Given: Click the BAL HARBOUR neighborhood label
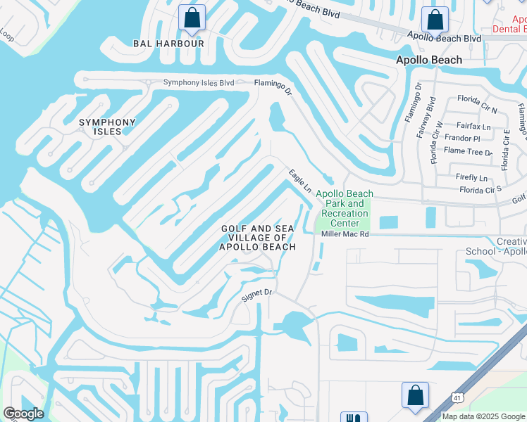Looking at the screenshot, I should point(168,44).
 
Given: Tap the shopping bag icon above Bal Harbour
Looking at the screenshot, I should point(192,18).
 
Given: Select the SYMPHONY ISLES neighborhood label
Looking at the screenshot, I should point(106,127).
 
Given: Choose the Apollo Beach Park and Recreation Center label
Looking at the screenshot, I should point(345,208).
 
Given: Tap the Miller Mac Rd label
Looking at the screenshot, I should point(345,235).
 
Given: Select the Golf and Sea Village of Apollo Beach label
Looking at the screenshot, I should point(257,238).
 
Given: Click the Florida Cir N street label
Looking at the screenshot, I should point(477,110).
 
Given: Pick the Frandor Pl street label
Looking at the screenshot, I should point(461,139).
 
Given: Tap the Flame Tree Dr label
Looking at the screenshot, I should point(468,151).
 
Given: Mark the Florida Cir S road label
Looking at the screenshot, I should point(480,189).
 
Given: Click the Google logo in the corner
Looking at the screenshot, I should point(23,414).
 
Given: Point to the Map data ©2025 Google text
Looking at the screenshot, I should point(482,416).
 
